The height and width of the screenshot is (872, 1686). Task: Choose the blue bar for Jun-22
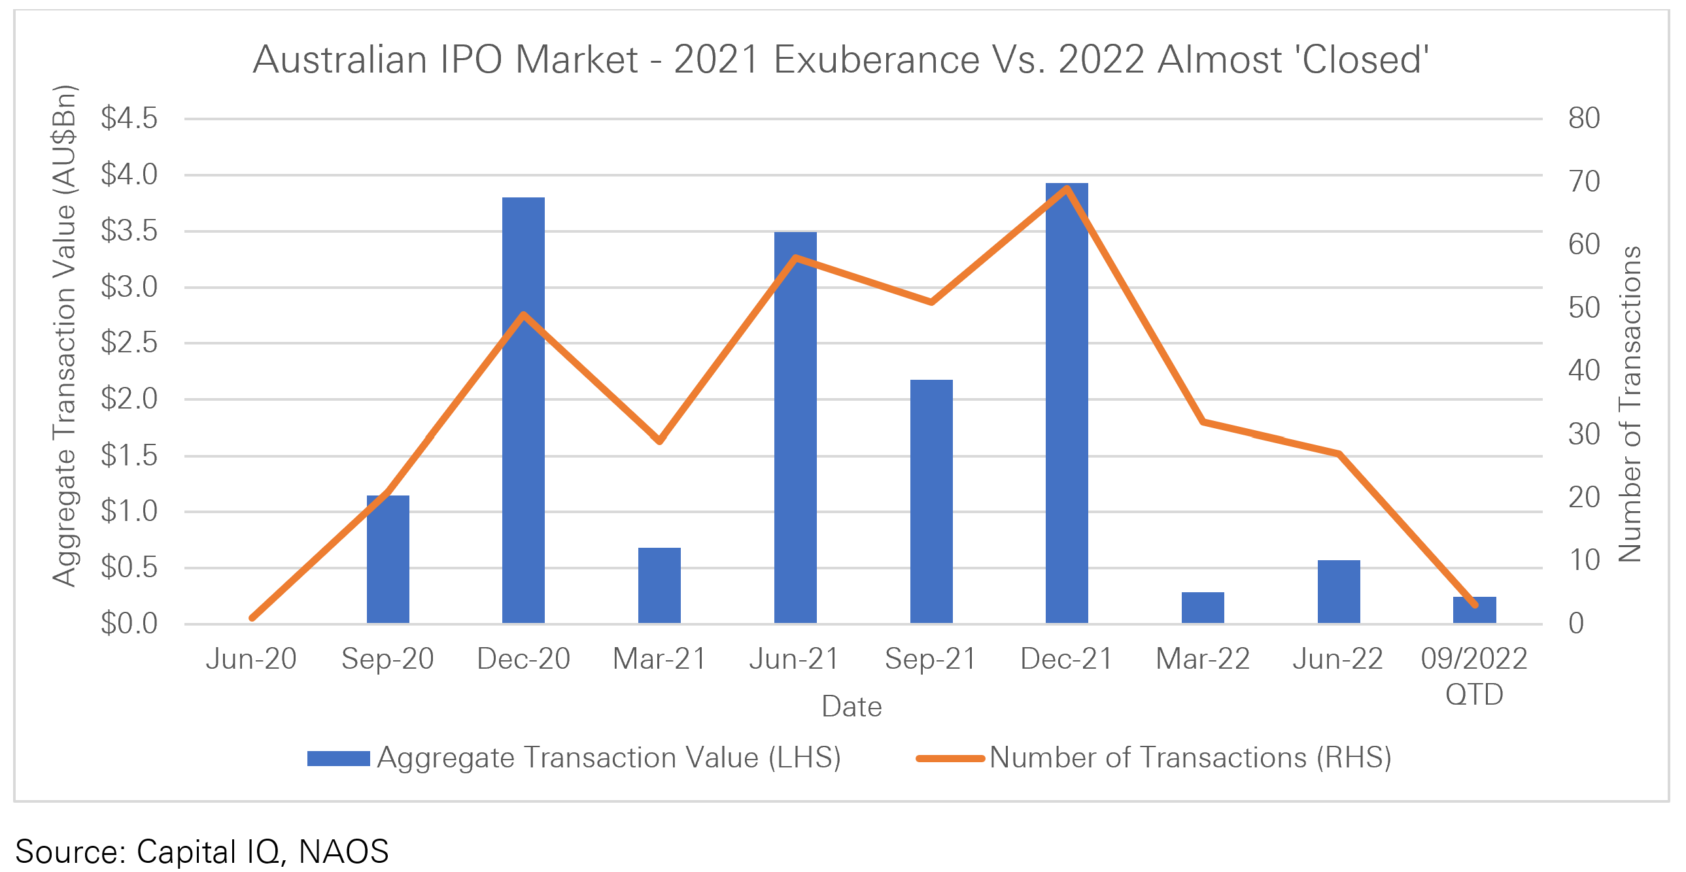1339,592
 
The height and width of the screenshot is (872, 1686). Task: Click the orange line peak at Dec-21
1067,189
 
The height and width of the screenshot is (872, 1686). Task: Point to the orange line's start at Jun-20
252,617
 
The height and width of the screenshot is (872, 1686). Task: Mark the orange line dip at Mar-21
659,441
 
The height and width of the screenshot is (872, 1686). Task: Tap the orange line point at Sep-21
931,302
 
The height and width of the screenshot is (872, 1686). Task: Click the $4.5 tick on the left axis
129,118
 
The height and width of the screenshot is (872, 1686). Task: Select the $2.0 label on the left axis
129,398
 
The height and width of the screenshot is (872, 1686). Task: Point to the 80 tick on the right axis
1584,118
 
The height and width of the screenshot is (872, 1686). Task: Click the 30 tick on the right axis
1584,434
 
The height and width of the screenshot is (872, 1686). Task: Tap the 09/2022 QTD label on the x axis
1474,676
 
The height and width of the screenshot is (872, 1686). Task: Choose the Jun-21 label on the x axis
794,659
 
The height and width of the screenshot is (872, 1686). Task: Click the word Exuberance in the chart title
876,59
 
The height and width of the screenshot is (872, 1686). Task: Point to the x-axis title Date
852,707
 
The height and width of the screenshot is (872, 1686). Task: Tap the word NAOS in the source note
343,851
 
